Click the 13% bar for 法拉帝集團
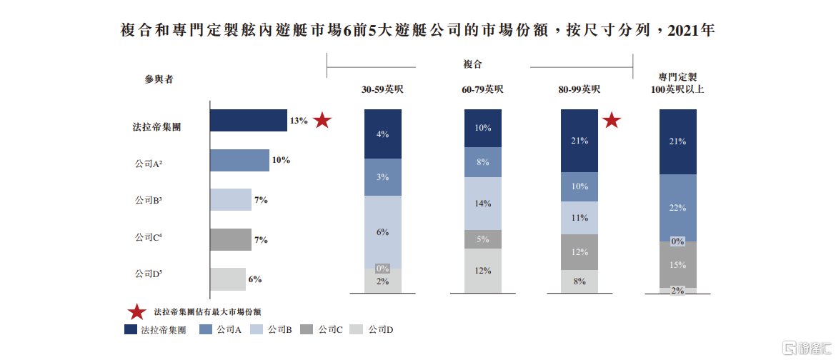pyautogui.click(x=249, y=120)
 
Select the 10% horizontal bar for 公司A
pyautogui.click(x=239, y=160)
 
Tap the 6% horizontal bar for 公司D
pyautogui.click(x=228, y=279)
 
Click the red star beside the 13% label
pyautogui.click(x=322, y=121)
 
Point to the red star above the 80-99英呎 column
pyautogui.click(x=612, y=121)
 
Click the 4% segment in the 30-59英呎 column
pyautogui.click(x=383, y=134)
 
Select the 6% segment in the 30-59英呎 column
pyautogui.click(x=383, y=232)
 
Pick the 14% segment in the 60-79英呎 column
pyautogui.click(x=482, y=204)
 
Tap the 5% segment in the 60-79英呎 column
pyautogui.click(x=482, y=239)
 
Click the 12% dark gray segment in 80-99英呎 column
pyautogui.click(x=579, y=252)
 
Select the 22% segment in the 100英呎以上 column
pyautogui.click(x=677, y=208)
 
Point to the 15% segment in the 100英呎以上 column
pyautogui.click(x=677, y=264)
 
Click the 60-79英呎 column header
pyautogui.click(x=482, y=89)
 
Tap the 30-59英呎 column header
pyautogui.click(x=383, y=89)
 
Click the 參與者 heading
pyautogui.click(x=159, y=79)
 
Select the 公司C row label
pyautogui.click(x=149, y=237)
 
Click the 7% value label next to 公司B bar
pyautogui.click(x=261, y=200)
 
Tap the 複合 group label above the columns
pyautogui.click(x=472, y=64)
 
